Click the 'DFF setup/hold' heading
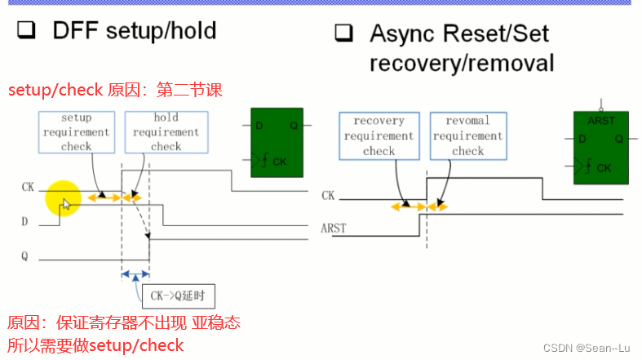[135, 31]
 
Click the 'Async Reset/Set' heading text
[459, 33]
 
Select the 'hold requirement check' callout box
[166, 132]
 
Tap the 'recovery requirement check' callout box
[379, 136]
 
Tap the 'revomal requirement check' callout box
[467, 136]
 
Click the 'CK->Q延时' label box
[179, 296]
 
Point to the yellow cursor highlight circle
[64, 200]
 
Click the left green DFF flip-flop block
[278, 143]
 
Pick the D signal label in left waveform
[25, 221]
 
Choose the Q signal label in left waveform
[25, 256]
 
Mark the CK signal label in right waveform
[328, 195]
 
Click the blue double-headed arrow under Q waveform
[135, 274]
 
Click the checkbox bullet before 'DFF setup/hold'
[27, 32]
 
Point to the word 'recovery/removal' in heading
[462, 63]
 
